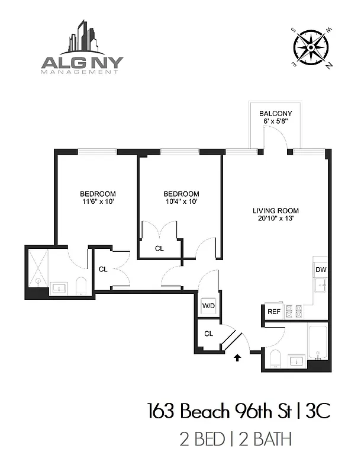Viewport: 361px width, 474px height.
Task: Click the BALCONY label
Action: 276,113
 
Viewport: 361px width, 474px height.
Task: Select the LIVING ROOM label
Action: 275,210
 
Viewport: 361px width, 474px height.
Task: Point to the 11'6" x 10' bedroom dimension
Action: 98,201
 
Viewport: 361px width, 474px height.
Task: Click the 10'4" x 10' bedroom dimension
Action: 181,201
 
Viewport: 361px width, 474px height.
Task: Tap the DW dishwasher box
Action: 320,270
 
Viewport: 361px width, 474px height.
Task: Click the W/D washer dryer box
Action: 209,306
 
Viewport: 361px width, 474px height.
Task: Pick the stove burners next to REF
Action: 294,310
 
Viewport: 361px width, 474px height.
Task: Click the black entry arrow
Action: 238,357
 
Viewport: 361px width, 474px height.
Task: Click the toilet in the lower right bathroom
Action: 275,358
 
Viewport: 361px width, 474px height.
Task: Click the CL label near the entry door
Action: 208,334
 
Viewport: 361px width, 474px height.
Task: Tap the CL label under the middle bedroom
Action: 159,249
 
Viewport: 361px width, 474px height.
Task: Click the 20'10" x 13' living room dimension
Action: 275,218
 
